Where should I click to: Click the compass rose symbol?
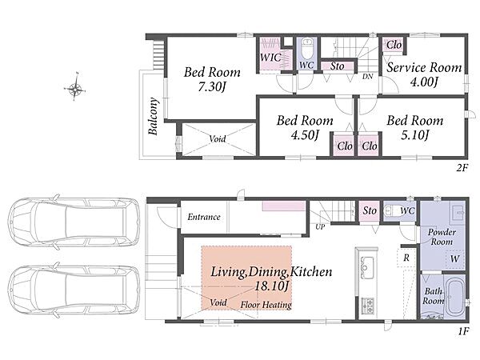pyautogui.click(x=74, y=89)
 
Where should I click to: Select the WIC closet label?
pyautogui.click(x=270, y=58)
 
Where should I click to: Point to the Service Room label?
pyautogui.click(x=424, y=67)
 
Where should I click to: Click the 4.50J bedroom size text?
pyautogui.click(x=305, y=134)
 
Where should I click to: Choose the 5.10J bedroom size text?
pyautogui.click(x=415, y=134)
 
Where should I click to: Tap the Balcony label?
pyautogui.click(x=153, y=116)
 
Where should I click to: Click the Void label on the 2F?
pyautogui.click(x=218, y=138)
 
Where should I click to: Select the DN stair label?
pyautogui.click(x=368, y=76)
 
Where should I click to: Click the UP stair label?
pyautogui.click(x=320, y=227)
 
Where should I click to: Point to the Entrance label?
pyautogui.click(x=204, y=217)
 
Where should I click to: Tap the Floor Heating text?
pyautogui.click(x=266, y=305)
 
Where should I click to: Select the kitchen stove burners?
pyautogui.click(x=367, y=306)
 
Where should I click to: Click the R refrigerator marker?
pyautogui.click(x=406, y=258)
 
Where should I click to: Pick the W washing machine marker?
pyautogui.click(x=454, y=259)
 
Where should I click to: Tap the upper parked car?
pyautogui.click(x=74, y=222)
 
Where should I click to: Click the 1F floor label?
pyautogui.click(x=463, y=331)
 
